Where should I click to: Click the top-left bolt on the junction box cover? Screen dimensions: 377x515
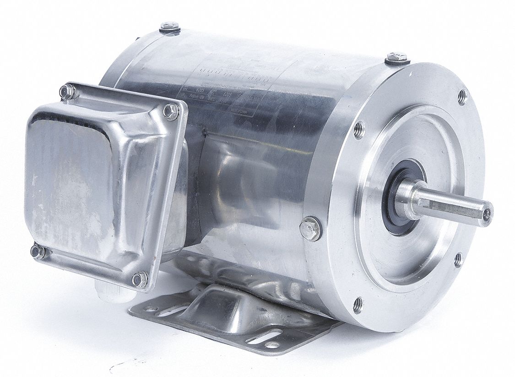coord(67,92)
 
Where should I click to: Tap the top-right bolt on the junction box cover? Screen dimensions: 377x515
coord(171,111)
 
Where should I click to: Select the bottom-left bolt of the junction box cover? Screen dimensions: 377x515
coord(38,251)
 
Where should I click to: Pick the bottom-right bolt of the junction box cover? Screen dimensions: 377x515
coord(140,279)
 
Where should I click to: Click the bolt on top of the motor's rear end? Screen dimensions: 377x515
coord(170,27)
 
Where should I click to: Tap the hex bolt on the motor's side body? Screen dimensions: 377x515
coord(310,228)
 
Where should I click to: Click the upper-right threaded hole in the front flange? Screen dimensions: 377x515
coord(462,97)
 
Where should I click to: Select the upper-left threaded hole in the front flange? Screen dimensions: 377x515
coord(359,129)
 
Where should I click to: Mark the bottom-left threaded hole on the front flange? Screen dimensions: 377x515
coord(358,305)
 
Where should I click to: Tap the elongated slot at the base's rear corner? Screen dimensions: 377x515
coord(163,312)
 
